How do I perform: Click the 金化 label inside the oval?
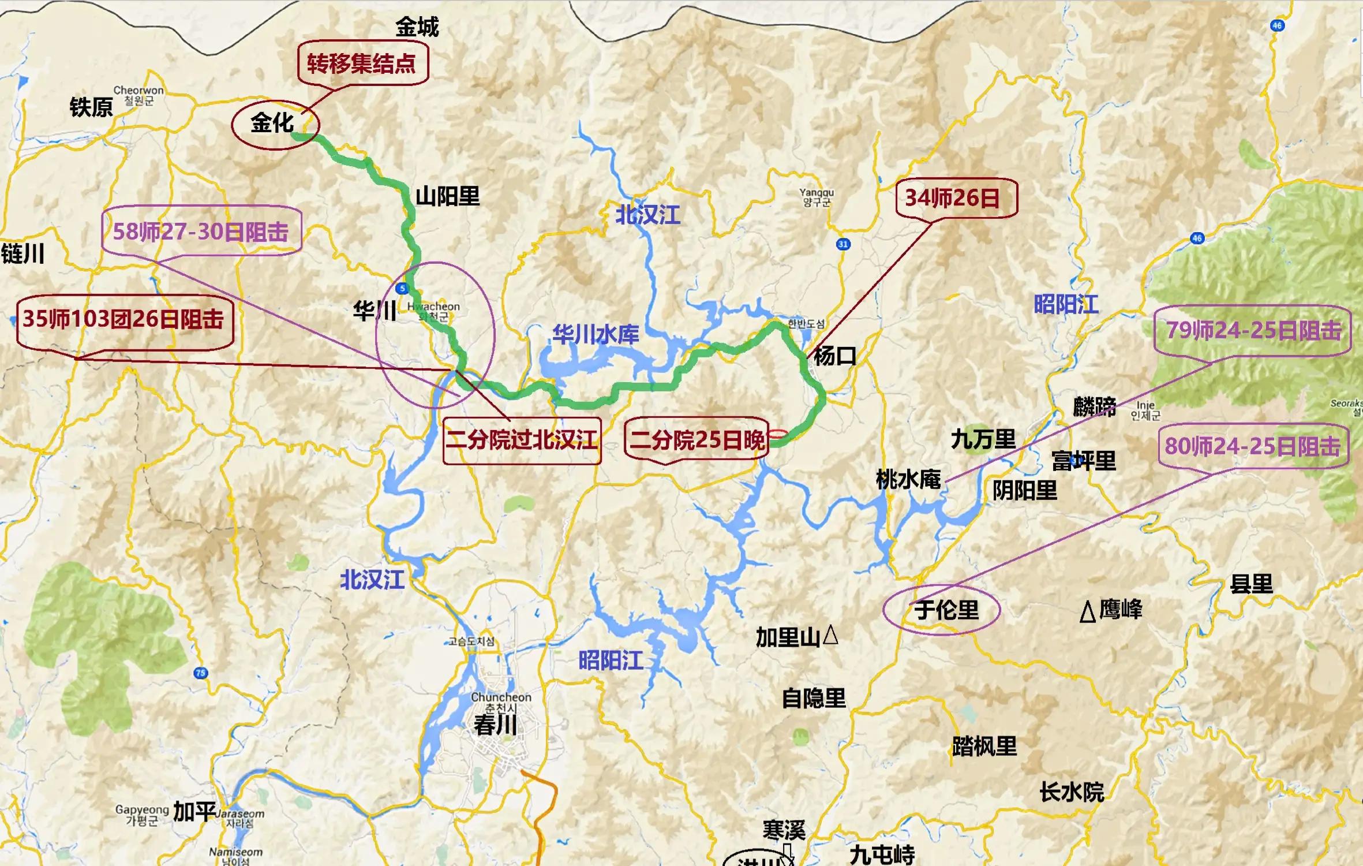coord(272,123)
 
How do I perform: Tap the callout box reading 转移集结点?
coord(362,64)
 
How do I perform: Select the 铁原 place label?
coord(91,107)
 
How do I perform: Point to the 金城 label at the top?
coord(417,27)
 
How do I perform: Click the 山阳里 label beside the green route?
coord(448,197)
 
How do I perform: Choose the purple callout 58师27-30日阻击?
coord(201,232)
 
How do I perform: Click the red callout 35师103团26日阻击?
coord(123,319)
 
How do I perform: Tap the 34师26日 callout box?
coord(952,198)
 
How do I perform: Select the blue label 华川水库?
coord(596,335)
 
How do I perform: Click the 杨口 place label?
coord(834,356)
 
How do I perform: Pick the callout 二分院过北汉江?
coord(522,441)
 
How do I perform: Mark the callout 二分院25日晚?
coord(697,441)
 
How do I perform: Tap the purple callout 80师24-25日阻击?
coord(1252,446)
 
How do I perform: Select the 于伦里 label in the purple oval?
coord(946,610)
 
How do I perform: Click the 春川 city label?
coord(495,725)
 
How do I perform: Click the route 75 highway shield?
coord(200,673)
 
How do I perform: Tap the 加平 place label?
coord(194,812)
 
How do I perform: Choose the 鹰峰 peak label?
coord(1119,610)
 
